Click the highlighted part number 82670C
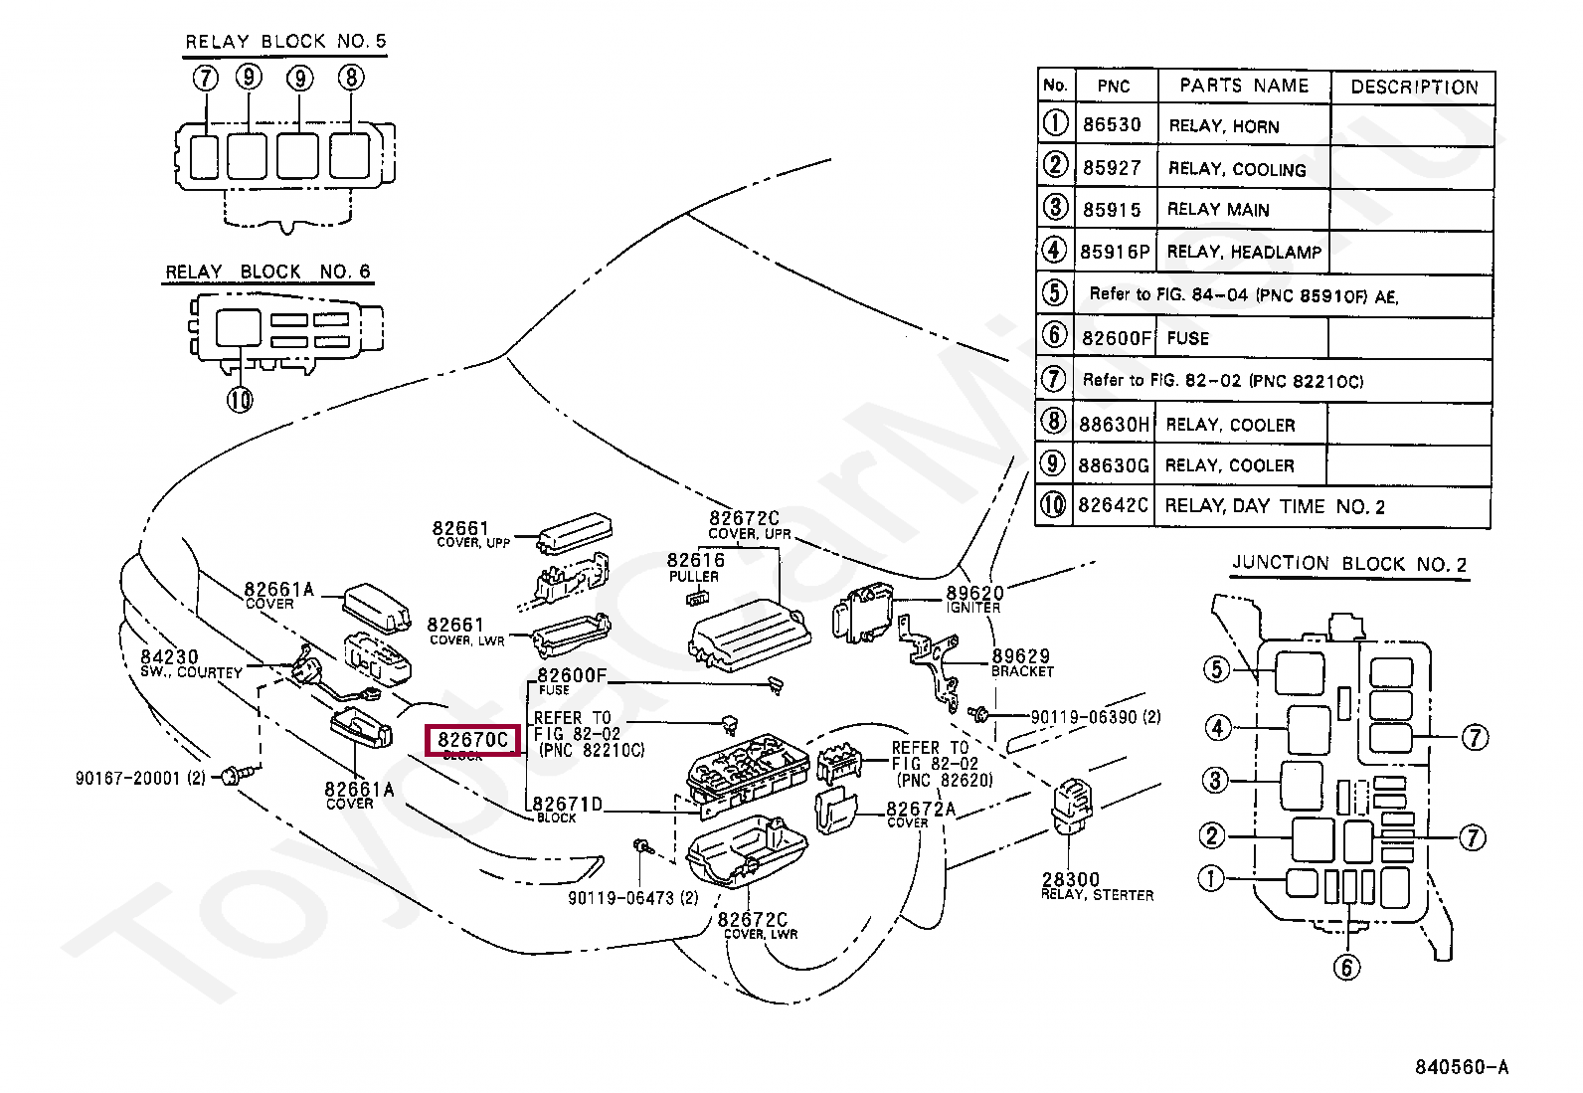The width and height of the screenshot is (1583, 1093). pos(473,740)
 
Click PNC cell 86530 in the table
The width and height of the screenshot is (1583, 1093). pos(1112,125)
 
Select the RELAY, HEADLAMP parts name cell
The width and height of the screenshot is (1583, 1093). pos(1243,252)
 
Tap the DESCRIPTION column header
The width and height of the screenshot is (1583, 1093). pos(1413,88)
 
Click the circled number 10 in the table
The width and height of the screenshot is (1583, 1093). pos(1053,505)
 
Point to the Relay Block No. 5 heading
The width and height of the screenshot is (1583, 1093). pos(285,42)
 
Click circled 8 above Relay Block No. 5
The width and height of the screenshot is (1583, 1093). pos(351,78)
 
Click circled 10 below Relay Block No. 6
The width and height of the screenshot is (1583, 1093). pos(240,400)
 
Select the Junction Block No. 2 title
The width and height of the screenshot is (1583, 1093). pos(1349,564)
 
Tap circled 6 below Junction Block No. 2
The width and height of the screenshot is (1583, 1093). pos(1346,967)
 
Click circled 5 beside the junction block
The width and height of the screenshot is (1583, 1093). pos(1217,669)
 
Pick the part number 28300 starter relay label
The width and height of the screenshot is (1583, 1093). pos(1071,880)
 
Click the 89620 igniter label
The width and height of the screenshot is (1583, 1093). pos(974,594)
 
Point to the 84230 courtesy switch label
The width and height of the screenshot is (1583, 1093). pos(170,657)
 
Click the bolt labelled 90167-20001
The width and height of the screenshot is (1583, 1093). pos(232,775)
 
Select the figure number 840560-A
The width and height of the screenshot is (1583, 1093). pos(1461,1067)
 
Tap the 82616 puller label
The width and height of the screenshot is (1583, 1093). pos(695,561)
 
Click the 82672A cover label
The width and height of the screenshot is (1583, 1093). pos(920,810)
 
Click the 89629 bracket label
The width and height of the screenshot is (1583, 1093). pos(1020,656)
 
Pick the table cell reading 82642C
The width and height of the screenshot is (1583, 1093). pos(1113,506)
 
